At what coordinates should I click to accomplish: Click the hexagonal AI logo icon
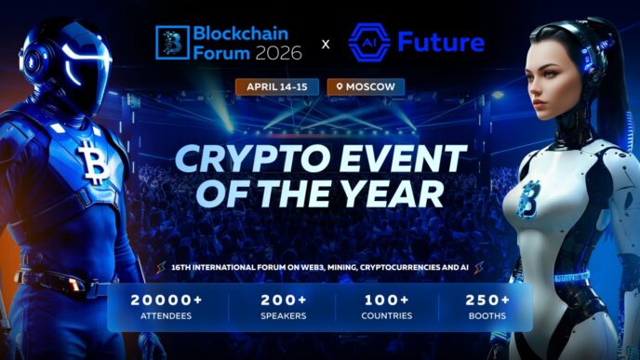click(x=367, y=42)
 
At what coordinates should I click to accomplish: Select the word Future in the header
click(x=440, y=42)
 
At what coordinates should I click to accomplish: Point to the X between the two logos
click(x=325, y=44)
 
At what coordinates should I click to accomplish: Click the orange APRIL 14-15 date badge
click(x=277, y=87)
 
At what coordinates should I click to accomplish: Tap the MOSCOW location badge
click(x=366, y=87)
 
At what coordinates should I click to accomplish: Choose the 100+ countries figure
click(x=386, y=300)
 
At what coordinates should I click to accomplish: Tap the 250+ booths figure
click(x=487, y=300)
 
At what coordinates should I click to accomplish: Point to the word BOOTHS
click(x=487, y=317)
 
